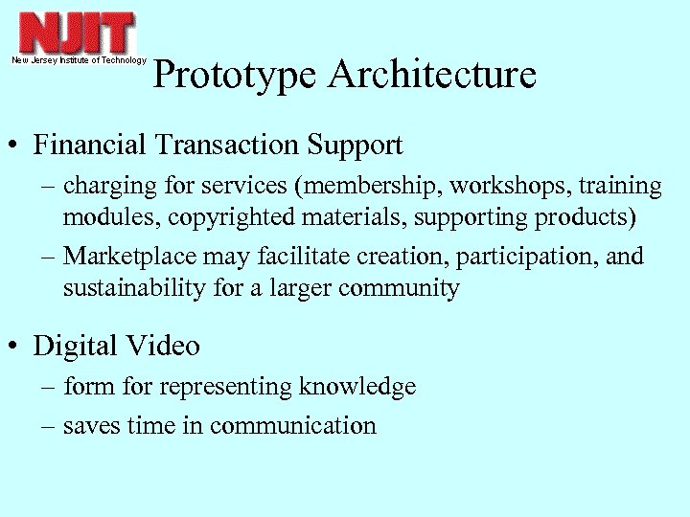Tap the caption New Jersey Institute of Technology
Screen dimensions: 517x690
(79, 60)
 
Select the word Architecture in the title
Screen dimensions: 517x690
(431, 75)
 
